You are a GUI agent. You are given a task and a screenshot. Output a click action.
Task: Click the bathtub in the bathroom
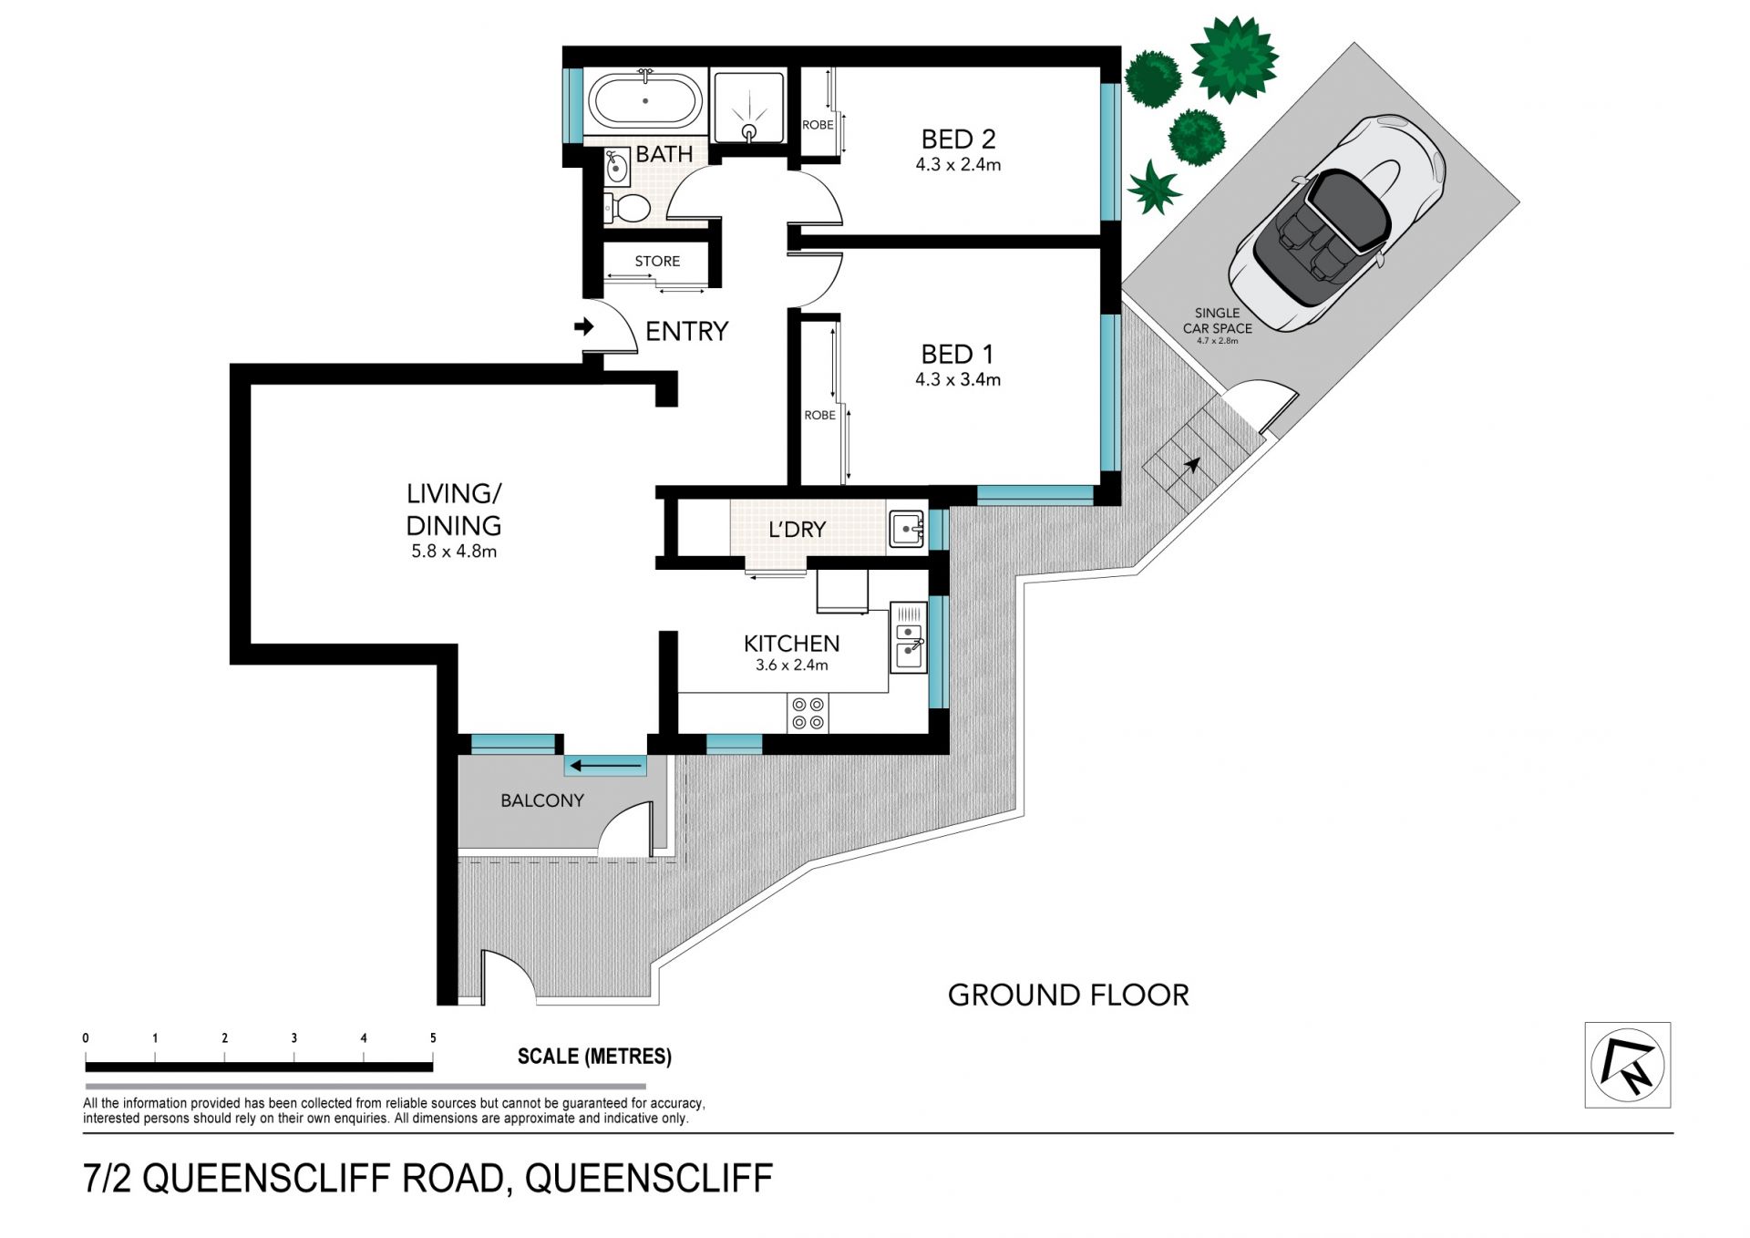point(645,102)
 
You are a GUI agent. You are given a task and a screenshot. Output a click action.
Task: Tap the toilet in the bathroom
point(626,208)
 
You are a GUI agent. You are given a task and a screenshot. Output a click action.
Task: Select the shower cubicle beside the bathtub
point(748,107)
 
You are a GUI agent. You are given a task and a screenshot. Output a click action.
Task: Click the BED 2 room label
point(958,139)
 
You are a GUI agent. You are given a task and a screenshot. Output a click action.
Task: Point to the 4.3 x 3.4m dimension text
point(958,379)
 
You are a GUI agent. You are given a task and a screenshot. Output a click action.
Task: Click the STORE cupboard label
point(657,262)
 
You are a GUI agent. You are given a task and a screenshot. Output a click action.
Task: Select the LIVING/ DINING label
point(454,510)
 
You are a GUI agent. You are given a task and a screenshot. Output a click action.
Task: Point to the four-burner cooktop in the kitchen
point(808,713)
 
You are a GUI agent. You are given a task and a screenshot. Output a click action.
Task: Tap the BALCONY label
point(542,800)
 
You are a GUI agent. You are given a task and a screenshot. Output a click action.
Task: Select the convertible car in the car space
point(1336,223)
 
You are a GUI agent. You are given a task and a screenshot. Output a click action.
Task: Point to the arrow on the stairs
point(1191,465)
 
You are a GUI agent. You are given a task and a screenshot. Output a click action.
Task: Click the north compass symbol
point(1627,1065)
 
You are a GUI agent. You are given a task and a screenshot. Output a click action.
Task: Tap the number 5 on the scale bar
point(433,1038)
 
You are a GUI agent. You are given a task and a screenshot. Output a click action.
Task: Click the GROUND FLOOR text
point(1068,996)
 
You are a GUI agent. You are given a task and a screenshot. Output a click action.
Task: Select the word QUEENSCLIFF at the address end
point(649,1179)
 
